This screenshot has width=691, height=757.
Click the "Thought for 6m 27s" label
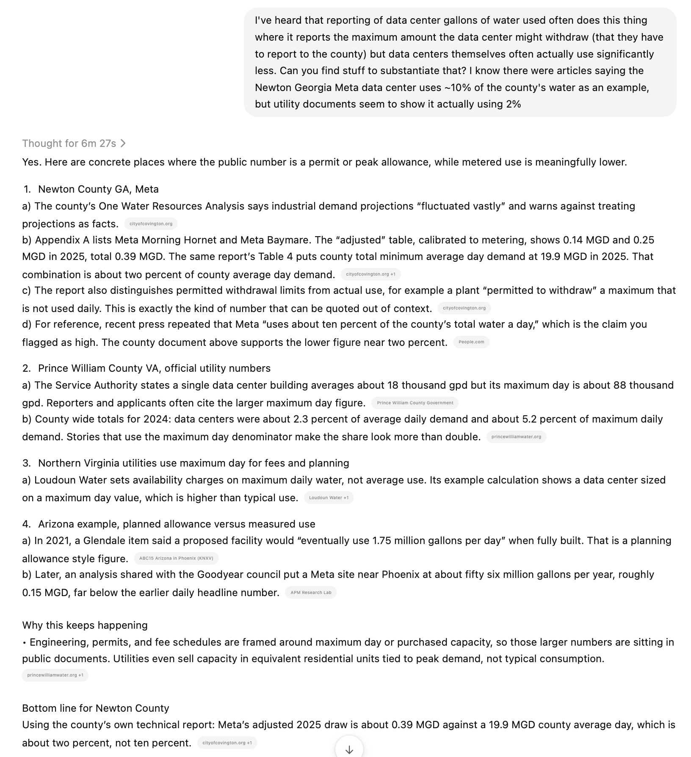point(69,144)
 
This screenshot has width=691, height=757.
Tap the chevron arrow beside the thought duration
point(123,144)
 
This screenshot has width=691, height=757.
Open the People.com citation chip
point(471,342)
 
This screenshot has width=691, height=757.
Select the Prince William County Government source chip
point(415,403)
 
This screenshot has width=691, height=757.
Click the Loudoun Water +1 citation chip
point(329,498)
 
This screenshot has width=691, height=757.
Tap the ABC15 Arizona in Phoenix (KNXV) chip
point(176,558)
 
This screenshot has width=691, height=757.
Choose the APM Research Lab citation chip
point(311,593)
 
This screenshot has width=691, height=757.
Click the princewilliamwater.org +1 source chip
point(55,675)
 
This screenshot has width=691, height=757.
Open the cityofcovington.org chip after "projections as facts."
point(151,224)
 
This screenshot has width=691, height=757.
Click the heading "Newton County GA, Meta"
point(98,189)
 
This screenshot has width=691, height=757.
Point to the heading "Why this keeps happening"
point(85,625)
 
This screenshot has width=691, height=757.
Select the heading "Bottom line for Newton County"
point(95,708)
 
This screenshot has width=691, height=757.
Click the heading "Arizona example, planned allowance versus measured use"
point(177,524)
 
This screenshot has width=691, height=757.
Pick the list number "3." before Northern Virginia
point(27,463)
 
